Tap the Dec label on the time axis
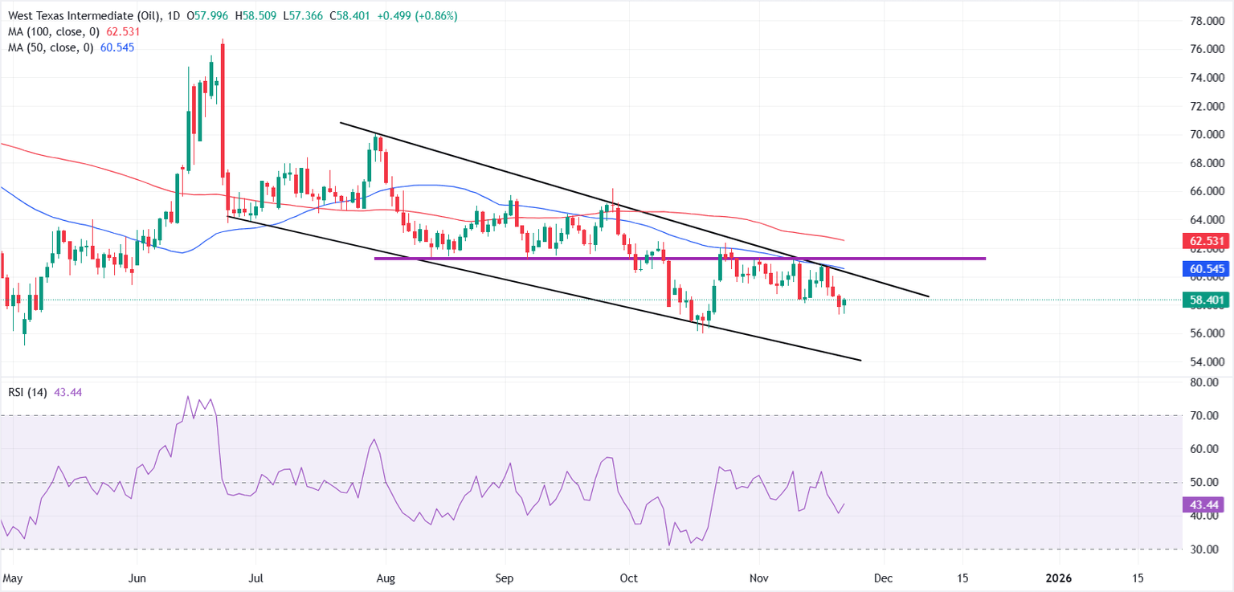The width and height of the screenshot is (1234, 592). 884,578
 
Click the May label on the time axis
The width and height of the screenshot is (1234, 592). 12,578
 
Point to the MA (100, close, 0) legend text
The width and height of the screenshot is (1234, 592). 47,31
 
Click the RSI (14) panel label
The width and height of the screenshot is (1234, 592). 26,392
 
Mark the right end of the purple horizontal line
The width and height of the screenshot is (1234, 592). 985,259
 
